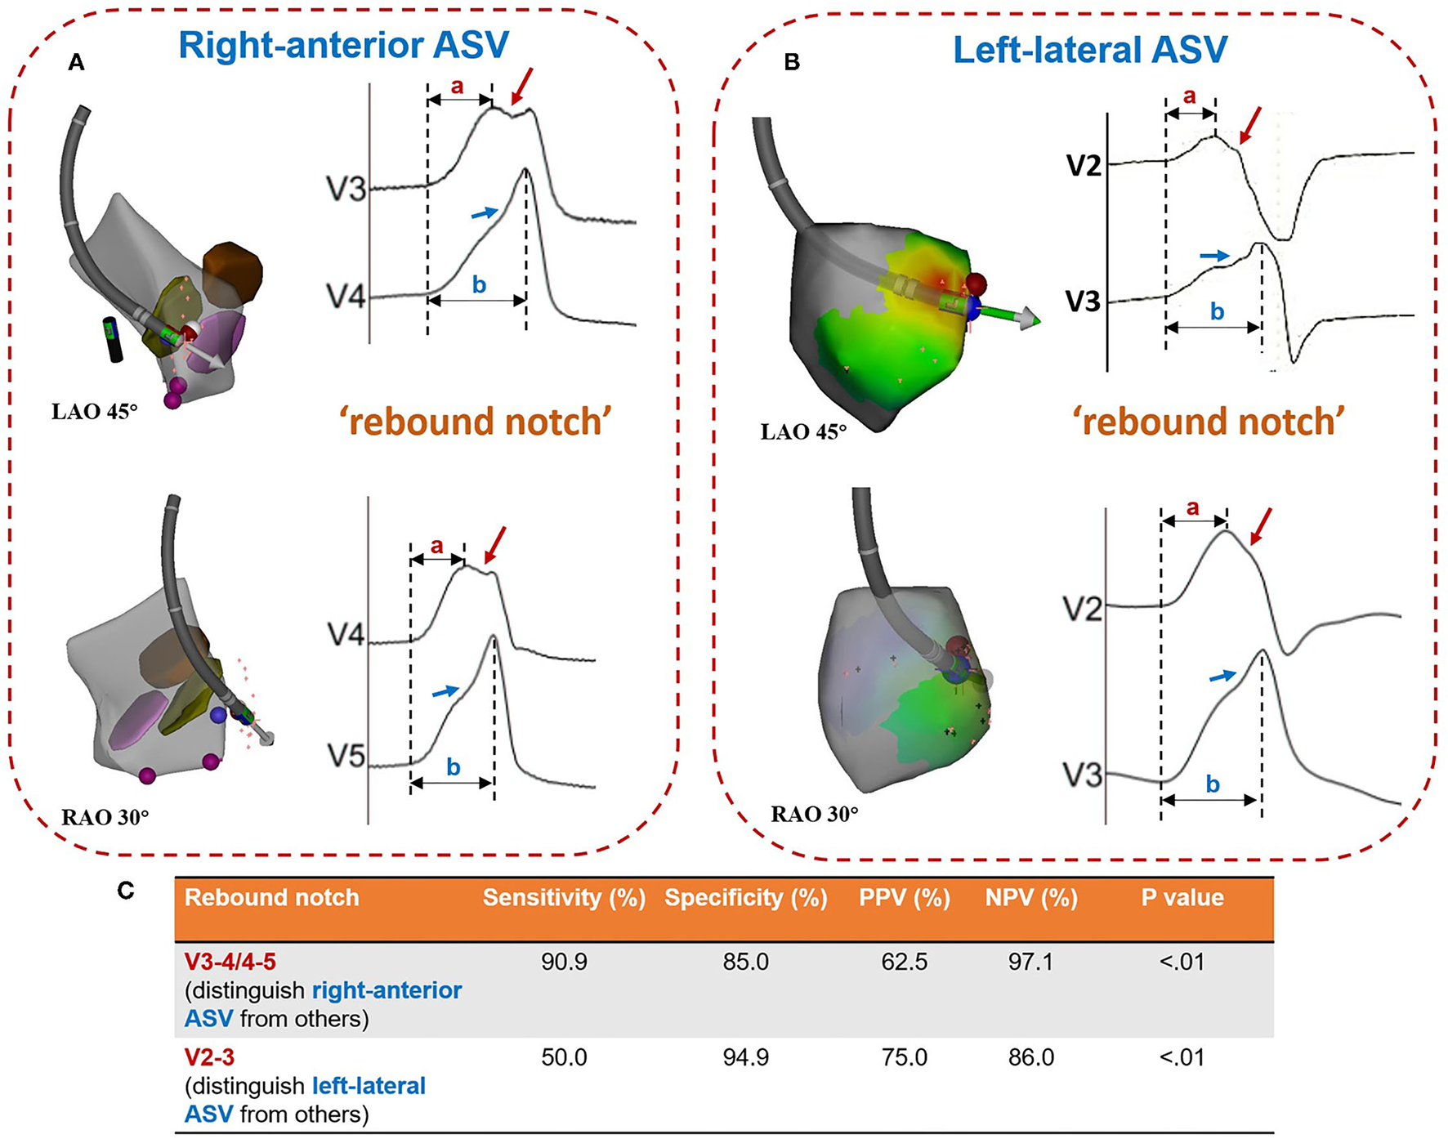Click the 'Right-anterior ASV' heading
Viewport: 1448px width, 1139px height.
tap(343, 45)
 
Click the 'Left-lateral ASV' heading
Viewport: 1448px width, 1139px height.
tap(1090, 51)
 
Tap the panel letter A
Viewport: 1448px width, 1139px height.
tap(76, 63)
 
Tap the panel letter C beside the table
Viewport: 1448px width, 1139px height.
tap(125, 891)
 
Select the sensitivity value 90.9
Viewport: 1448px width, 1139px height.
tap(564, 962)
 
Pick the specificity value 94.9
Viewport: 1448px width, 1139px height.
tap(745, 1057)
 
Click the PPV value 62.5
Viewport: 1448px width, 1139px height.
tap(904, 962)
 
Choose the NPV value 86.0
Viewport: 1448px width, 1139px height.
tap(1030, 1057)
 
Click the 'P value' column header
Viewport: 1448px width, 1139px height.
tap(1182, 897)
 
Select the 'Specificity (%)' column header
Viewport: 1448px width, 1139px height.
tap(745, 897)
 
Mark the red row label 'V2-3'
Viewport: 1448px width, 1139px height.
tap(209, 1057)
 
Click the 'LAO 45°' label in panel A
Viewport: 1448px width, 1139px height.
tap(95, 411)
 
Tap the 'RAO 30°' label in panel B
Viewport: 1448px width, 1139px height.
tap(814, 814)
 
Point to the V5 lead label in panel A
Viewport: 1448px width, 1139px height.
tap(346, 757)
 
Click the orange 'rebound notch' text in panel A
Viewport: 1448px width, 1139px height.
tap(475, 422)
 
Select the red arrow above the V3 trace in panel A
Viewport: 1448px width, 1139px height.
tap(521, 87)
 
